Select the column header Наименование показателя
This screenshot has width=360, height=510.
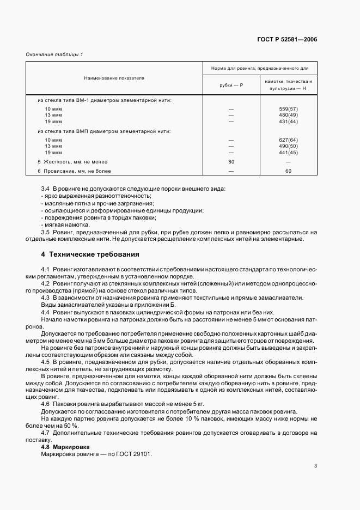point(114,78)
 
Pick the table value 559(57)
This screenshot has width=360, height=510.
point(288,109)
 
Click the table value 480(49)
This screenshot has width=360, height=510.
point(288,115)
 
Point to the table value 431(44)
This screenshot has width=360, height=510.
point(288,121)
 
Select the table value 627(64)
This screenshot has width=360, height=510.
point(288,140)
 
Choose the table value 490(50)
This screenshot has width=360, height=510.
point(288,146)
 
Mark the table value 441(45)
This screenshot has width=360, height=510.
point(288,152)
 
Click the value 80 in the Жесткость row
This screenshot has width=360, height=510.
point(231,162)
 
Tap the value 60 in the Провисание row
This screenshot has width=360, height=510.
point(288,171)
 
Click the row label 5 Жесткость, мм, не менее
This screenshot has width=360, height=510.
point(72,162)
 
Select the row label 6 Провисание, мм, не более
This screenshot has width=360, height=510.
point(74,171)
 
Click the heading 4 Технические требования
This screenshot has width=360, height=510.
point(90,254)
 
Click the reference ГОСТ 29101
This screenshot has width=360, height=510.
point(136,453)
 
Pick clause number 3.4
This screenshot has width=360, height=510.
point(45,189)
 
